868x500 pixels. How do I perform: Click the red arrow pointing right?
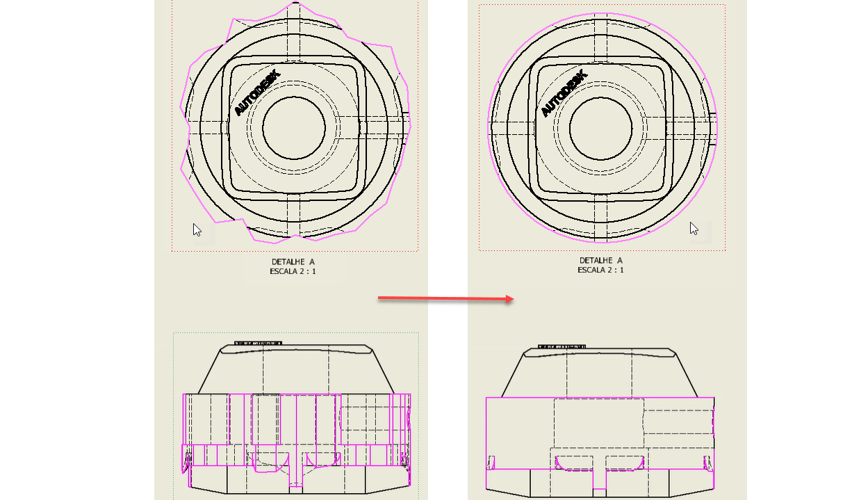(445, 298)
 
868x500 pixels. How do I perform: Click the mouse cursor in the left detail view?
(197, 229)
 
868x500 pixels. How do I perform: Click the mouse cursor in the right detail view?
(694, 229)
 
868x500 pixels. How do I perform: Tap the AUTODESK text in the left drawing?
(257, 92)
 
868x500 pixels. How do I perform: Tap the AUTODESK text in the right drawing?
(564, 93)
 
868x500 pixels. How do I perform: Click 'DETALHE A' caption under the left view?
(293, 262)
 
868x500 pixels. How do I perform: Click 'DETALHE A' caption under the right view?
(600, 260)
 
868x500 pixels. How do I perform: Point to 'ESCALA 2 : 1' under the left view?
(293, 271)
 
